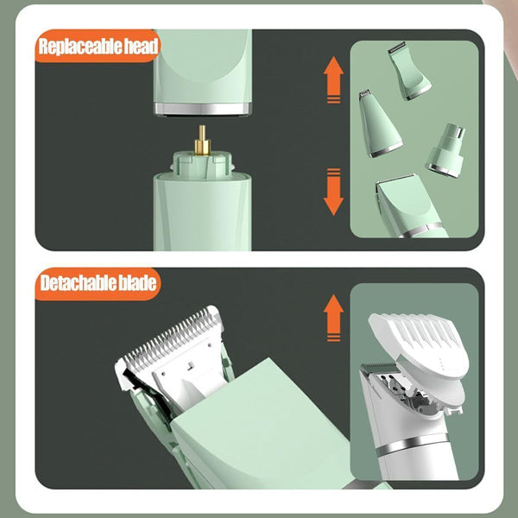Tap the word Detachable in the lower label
78,283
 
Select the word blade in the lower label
137,283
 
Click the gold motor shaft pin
202,141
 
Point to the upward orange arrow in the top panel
333,79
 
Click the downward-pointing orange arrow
333,192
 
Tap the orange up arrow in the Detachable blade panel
333,318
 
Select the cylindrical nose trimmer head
446,150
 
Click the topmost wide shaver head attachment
409,71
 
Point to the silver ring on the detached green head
202,109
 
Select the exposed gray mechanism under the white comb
409,395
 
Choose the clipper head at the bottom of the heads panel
409,206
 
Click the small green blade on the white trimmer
379,368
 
